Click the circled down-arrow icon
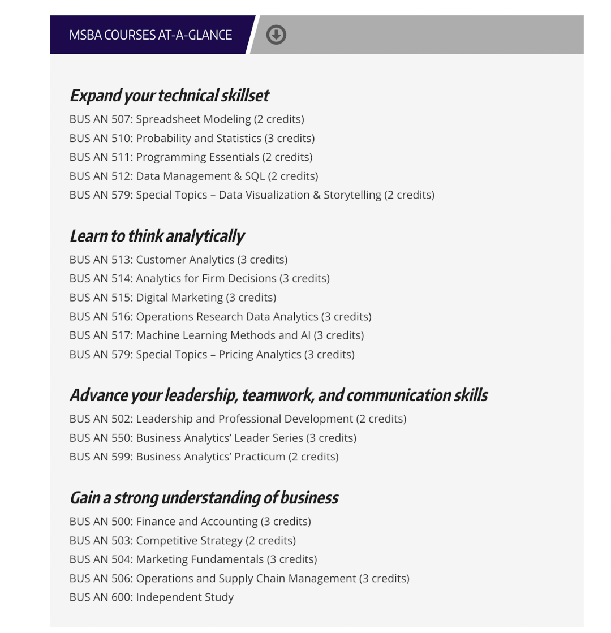coord(276,35)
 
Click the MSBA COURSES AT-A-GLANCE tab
coord(150,35)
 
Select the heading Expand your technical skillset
coord(169,96)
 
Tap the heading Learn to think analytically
coord(157,236)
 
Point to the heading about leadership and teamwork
coord(278,395)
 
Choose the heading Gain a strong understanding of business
coord(204,498)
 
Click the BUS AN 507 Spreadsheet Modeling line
coord(187,119)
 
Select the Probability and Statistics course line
coord(192,138)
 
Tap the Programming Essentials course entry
coord(191,157)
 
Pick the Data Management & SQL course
coord(193,176)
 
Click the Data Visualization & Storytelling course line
coord(252,195)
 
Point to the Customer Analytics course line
coord(178,260)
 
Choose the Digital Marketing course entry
coord(173,298)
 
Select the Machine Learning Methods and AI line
coord(217,335)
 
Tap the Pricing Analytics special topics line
coord(212,355)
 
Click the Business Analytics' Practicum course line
coord(204,457)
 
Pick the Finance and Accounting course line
coord(190,522)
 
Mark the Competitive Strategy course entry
coord(182,540)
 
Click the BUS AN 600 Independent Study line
coord(151,597)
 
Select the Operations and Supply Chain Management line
coord(239,578)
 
